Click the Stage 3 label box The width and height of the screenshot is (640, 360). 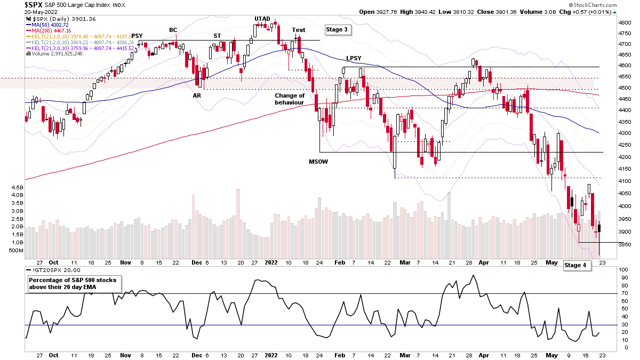point(338,30)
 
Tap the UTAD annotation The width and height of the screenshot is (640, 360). point(262,19)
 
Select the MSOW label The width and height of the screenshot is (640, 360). point(319,161)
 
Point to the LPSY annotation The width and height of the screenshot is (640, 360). point(354,58)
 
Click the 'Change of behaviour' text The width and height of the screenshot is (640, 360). point(290,99)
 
